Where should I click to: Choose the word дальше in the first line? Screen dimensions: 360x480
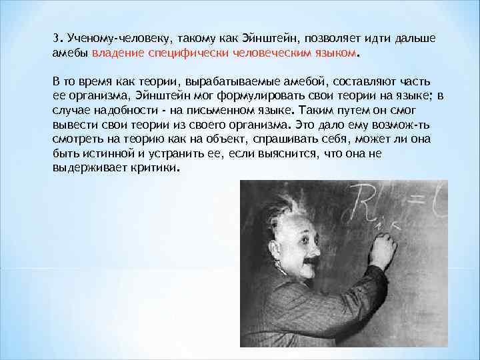412,38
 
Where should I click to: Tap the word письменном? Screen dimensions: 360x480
224,109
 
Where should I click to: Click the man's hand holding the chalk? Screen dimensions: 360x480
383,250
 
